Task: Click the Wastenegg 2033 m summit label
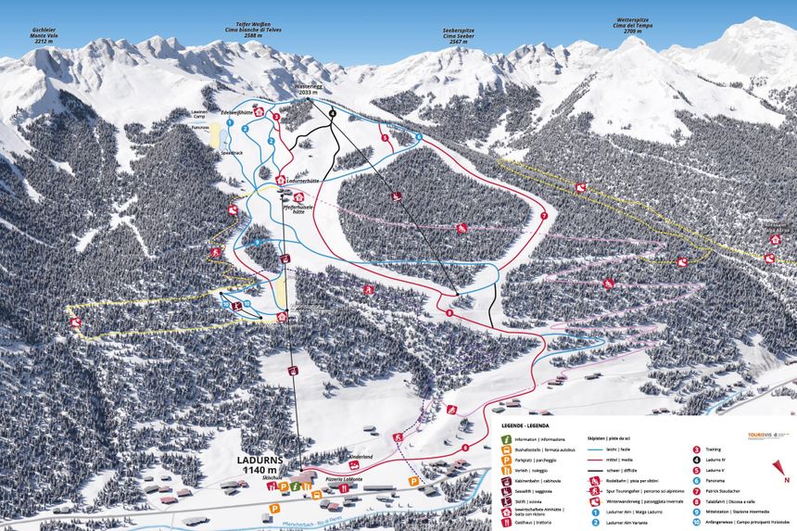pos(308,89)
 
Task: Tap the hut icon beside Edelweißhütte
pos(259,112)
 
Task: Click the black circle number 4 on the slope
pos(333,113)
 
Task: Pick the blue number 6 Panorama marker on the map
pos(419,137)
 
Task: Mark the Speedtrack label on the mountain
pos(232,151)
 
